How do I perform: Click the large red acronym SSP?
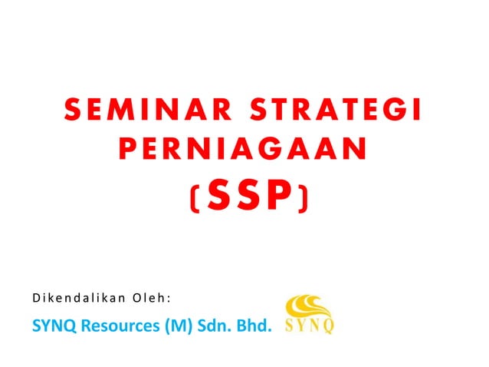pyautogui.click(x=248, y=197)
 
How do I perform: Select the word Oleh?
pyautogui.click(x=152, y=297)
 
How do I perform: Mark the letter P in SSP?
pyautogui.click(x=279, y=197)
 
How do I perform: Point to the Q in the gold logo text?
pyautogui.click(x=327, y=326)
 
